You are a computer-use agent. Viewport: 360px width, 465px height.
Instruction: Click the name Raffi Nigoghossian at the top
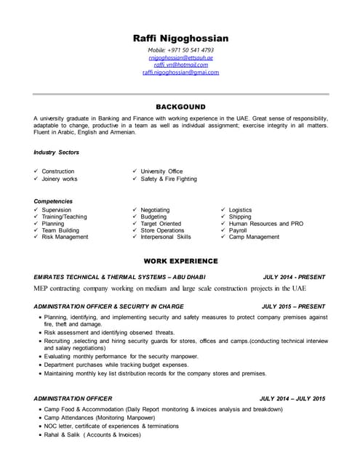pos(180,38)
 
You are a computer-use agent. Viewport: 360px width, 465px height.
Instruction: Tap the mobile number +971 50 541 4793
pos(180,49)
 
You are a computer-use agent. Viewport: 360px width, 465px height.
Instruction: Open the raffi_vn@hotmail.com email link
pos(180,65)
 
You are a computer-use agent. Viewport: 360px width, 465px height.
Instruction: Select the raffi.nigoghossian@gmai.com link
pos(180,72)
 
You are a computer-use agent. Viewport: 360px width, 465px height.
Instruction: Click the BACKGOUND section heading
pos(180,107)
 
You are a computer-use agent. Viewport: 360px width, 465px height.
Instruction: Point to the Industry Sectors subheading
pos(56,153)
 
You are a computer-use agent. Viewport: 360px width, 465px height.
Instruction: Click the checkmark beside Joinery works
pos(36,179)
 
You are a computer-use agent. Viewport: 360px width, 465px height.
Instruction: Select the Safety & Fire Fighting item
pos(168,179)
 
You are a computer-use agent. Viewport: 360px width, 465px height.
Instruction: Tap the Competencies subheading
pos(53,201)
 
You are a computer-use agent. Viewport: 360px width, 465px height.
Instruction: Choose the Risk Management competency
pos(65,237)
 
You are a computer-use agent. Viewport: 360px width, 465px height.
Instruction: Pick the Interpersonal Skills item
pos(166,237)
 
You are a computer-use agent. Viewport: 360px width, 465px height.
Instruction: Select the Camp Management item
pos(254,237)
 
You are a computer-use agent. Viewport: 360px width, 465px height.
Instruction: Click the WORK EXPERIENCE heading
pos(180,260)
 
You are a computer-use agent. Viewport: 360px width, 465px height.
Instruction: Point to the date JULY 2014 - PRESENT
pos(293,277)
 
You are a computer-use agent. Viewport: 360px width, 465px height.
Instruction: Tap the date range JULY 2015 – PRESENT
pos(293,307)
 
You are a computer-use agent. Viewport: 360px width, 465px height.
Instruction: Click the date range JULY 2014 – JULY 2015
pos(292,398)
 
